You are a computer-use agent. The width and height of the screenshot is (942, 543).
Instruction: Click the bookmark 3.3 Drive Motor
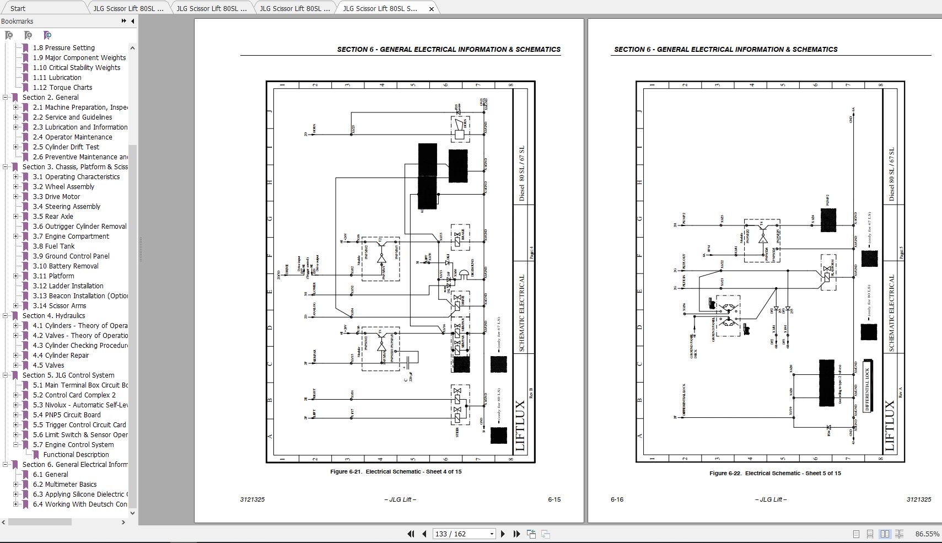(56, 197)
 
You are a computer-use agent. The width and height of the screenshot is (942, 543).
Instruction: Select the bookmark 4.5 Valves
(49, 365)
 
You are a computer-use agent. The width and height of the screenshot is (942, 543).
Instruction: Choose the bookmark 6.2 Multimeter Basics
(64, 485)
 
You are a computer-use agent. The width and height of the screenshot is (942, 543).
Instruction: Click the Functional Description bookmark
(76, 455)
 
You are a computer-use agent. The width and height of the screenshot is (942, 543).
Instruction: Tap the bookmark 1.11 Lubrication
(57, 78)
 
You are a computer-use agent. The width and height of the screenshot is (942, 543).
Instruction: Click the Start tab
(18, 8)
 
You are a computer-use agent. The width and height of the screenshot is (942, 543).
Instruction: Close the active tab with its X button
(432, 8)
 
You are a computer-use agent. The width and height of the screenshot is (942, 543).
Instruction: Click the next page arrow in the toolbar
(503, 534)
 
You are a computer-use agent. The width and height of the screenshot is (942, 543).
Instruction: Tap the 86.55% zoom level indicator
(927, 534)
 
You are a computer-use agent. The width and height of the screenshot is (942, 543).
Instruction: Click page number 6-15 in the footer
(554, 499)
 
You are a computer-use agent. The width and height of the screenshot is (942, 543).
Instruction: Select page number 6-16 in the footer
(617, 499)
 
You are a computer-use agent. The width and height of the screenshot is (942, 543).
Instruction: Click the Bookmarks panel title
(17, 21)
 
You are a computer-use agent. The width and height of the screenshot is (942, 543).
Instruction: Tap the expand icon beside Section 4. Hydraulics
(6, 316)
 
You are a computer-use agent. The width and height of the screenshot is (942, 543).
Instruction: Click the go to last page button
(516, 534)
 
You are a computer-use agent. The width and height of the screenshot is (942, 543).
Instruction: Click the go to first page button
(411, 534)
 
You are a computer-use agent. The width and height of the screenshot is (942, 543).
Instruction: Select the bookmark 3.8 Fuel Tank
(53, 246)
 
